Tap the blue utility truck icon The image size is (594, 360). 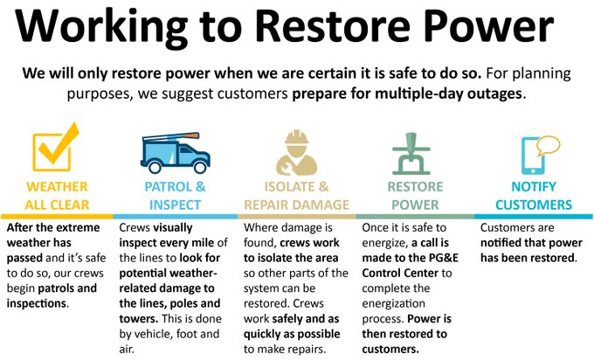point(175,153)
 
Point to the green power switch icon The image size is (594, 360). point(411,154)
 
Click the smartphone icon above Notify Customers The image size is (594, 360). point(533,156)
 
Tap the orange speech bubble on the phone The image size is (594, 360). point(549,146)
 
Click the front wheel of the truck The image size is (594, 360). point(200,166)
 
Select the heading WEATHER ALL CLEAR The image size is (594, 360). point(57,196)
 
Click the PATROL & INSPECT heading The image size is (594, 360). point(175,196)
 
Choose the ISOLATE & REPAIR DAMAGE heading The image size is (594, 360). point(296,196)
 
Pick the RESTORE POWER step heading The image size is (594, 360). point(415,196)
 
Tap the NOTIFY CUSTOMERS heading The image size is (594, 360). point(534,196)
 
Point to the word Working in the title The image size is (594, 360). point(101,27)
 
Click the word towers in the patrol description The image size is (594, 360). point(138,318)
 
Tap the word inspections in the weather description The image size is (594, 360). point(37,303)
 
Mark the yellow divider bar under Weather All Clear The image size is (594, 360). point(57,217)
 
